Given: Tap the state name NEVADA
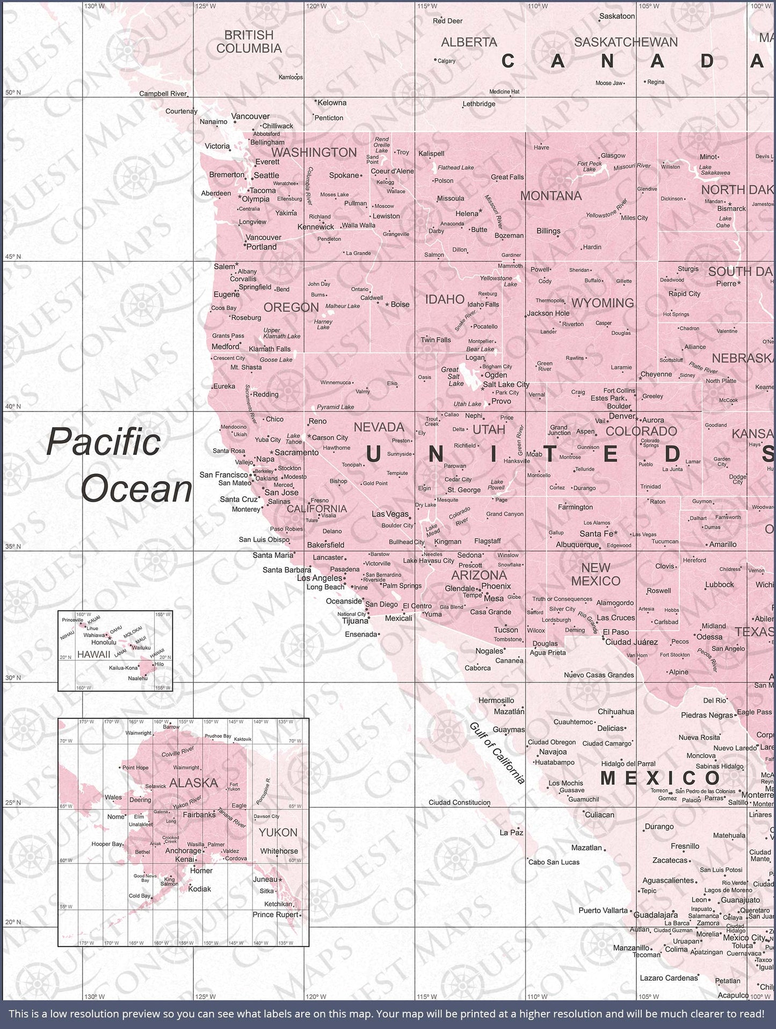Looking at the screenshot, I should tap(379, 427).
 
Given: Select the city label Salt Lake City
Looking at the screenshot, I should tap(506, 385).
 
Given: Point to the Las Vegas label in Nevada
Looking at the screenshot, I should tap(390, 514).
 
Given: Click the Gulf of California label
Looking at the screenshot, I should tap(497, 753).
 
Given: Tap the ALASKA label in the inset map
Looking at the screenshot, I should tap(193, 783).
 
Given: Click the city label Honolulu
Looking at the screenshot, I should tap(104, 642).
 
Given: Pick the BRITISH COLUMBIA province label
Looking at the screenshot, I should tap(249, 41).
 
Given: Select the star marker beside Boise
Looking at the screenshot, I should tap(387, 304).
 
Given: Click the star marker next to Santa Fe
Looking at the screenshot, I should tap(616, 533).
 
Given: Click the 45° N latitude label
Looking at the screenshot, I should tap(13, 256).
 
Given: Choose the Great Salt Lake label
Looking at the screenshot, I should tap(450, 376).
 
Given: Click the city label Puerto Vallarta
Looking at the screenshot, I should tap(603, 910).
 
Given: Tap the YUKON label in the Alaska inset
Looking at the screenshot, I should tap(278, 832).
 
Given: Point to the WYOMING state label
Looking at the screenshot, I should tap(603, 303).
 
